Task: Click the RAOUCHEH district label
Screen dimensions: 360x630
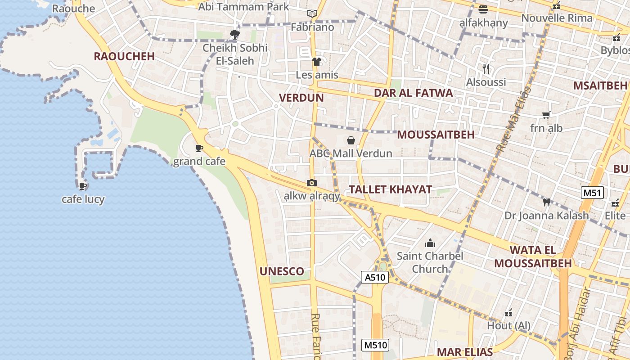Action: [124, 56]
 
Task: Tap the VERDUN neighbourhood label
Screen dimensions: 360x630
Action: [301, 98]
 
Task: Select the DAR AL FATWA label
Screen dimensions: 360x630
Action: [414, 93]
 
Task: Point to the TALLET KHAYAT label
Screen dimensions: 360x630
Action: [390, 189]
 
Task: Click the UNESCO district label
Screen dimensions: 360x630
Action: [282, 271]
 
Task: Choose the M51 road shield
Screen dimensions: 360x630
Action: [592, 193]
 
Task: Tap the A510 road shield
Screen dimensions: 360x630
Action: [374, 277]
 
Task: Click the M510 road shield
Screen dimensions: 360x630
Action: [375, 345]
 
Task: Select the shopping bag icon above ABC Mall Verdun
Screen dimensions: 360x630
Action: [351, 140]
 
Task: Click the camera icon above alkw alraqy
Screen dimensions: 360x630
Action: [311, 183]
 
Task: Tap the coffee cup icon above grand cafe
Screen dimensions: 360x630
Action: [199, 148]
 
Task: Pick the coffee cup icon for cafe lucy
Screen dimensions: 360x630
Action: [83, 185]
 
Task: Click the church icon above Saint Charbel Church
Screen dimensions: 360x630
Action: [430, 243]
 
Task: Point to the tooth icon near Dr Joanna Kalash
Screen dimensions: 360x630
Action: [547, 202]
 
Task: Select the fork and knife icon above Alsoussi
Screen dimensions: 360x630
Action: [486, 69]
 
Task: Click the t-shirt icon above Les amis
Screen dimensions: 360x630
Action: [317, 62]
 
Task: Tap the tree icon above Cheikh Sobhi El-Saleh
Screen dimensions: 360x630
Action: [234, 34]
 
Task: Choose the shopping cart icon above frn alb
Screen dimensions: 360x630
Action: [546, 115]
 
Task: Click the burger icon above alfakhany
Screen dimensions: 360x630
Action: [483, 9]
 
